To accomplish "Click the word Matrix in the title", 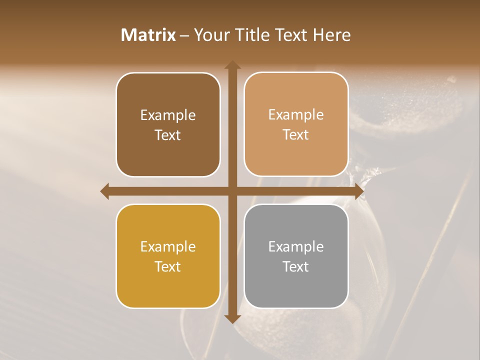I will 148,35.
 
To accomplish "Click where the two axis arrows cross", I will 232,191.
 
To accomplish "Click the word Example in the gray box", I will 296,246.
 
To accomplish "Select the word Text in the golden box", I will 168,266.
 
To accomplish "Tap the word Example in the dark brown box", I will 168,115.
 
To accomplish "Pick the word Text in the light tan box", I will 296,134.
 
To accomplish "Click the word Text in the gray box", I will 296,266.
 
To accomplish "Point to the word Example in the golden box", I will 168,246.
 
